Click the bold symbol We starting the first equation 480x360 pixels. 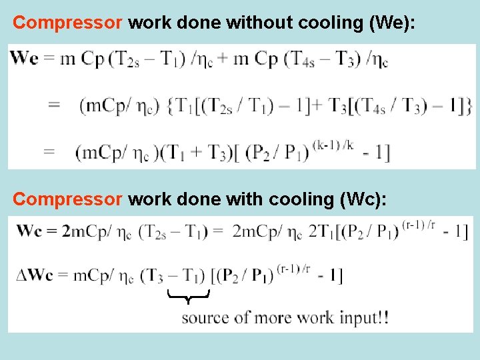(x=25, y=58)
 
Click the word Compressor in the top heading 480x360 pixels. (x=67, y=23)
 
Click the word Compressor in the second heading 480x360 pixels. (x=67, y=199)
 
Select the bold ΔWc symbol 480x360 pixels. (x=34, y=275)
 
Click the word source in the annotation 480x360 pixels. (x=204, y=317)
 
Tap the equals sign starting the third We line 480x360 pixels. (x=49, y=153)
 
